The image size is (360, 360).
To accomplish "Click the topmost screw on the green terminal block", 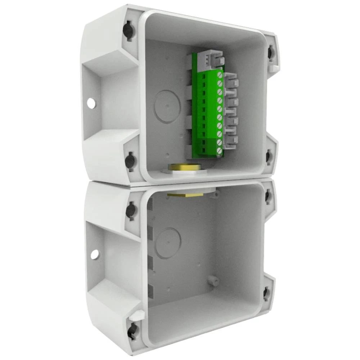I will (x=219, y=75).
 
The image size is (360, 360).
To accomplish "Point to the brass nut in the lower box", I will (x=185, y=194).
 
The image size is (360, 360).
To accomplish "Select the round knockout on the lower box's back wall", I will (x=168, y=243).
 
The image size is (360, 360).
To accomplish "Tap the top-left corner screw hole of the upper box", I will (x=129, y=31).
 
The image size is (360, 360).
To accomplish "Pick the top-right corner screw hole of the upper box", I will (x=271, y=53).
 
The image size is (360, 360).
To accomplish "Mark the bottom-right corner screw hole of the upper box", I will (x=269, y=157).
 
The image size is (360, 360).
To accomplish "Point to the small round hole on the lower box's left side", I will (x=94, y=255).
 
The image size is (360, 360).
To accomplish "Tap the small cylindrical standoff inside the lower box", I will (x=214, y=280).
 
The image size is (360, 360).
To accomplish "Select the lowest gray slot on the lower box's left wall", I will (x=150, y=291).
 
